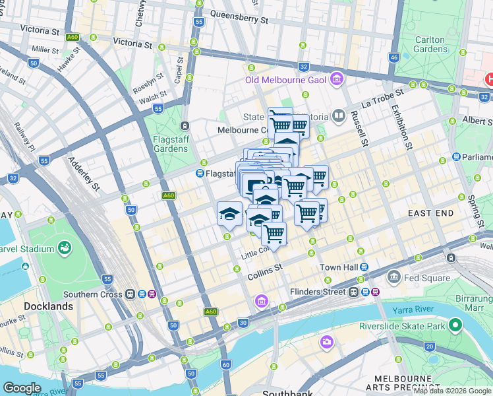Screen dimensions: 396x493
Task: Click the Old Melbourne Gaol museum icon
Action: (x=337, y=80)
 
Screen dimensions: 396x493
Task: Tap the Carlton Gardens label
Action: (x=430, y=44)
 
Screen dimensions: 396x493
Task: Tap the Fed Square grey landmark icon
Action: (x=395, y=277)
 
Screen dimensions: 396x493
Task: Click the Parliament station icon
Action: (x=456, y=157)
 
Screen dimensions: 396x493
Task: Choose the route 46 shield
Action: (x=393, y=58)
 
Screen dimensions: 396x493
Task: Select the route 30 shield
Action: (x=243, y=322)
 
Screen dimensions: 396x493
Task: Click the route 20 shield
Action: (x=429, y=346)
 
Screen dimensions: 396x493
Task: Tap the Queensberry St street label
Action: (x=239, y=16)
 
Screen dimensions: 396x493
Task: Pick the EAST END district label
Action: (x=430, y=213)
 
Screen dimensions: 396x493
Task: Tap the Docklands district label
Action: (x=48, y=307)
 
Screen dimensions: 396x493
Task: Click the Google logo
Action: (x=22, y=388)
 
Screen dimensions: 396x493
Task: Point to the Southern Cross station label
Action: (x=94, y=294)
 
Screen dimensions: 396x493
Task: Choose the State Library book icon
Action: (x=339, y=117)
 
